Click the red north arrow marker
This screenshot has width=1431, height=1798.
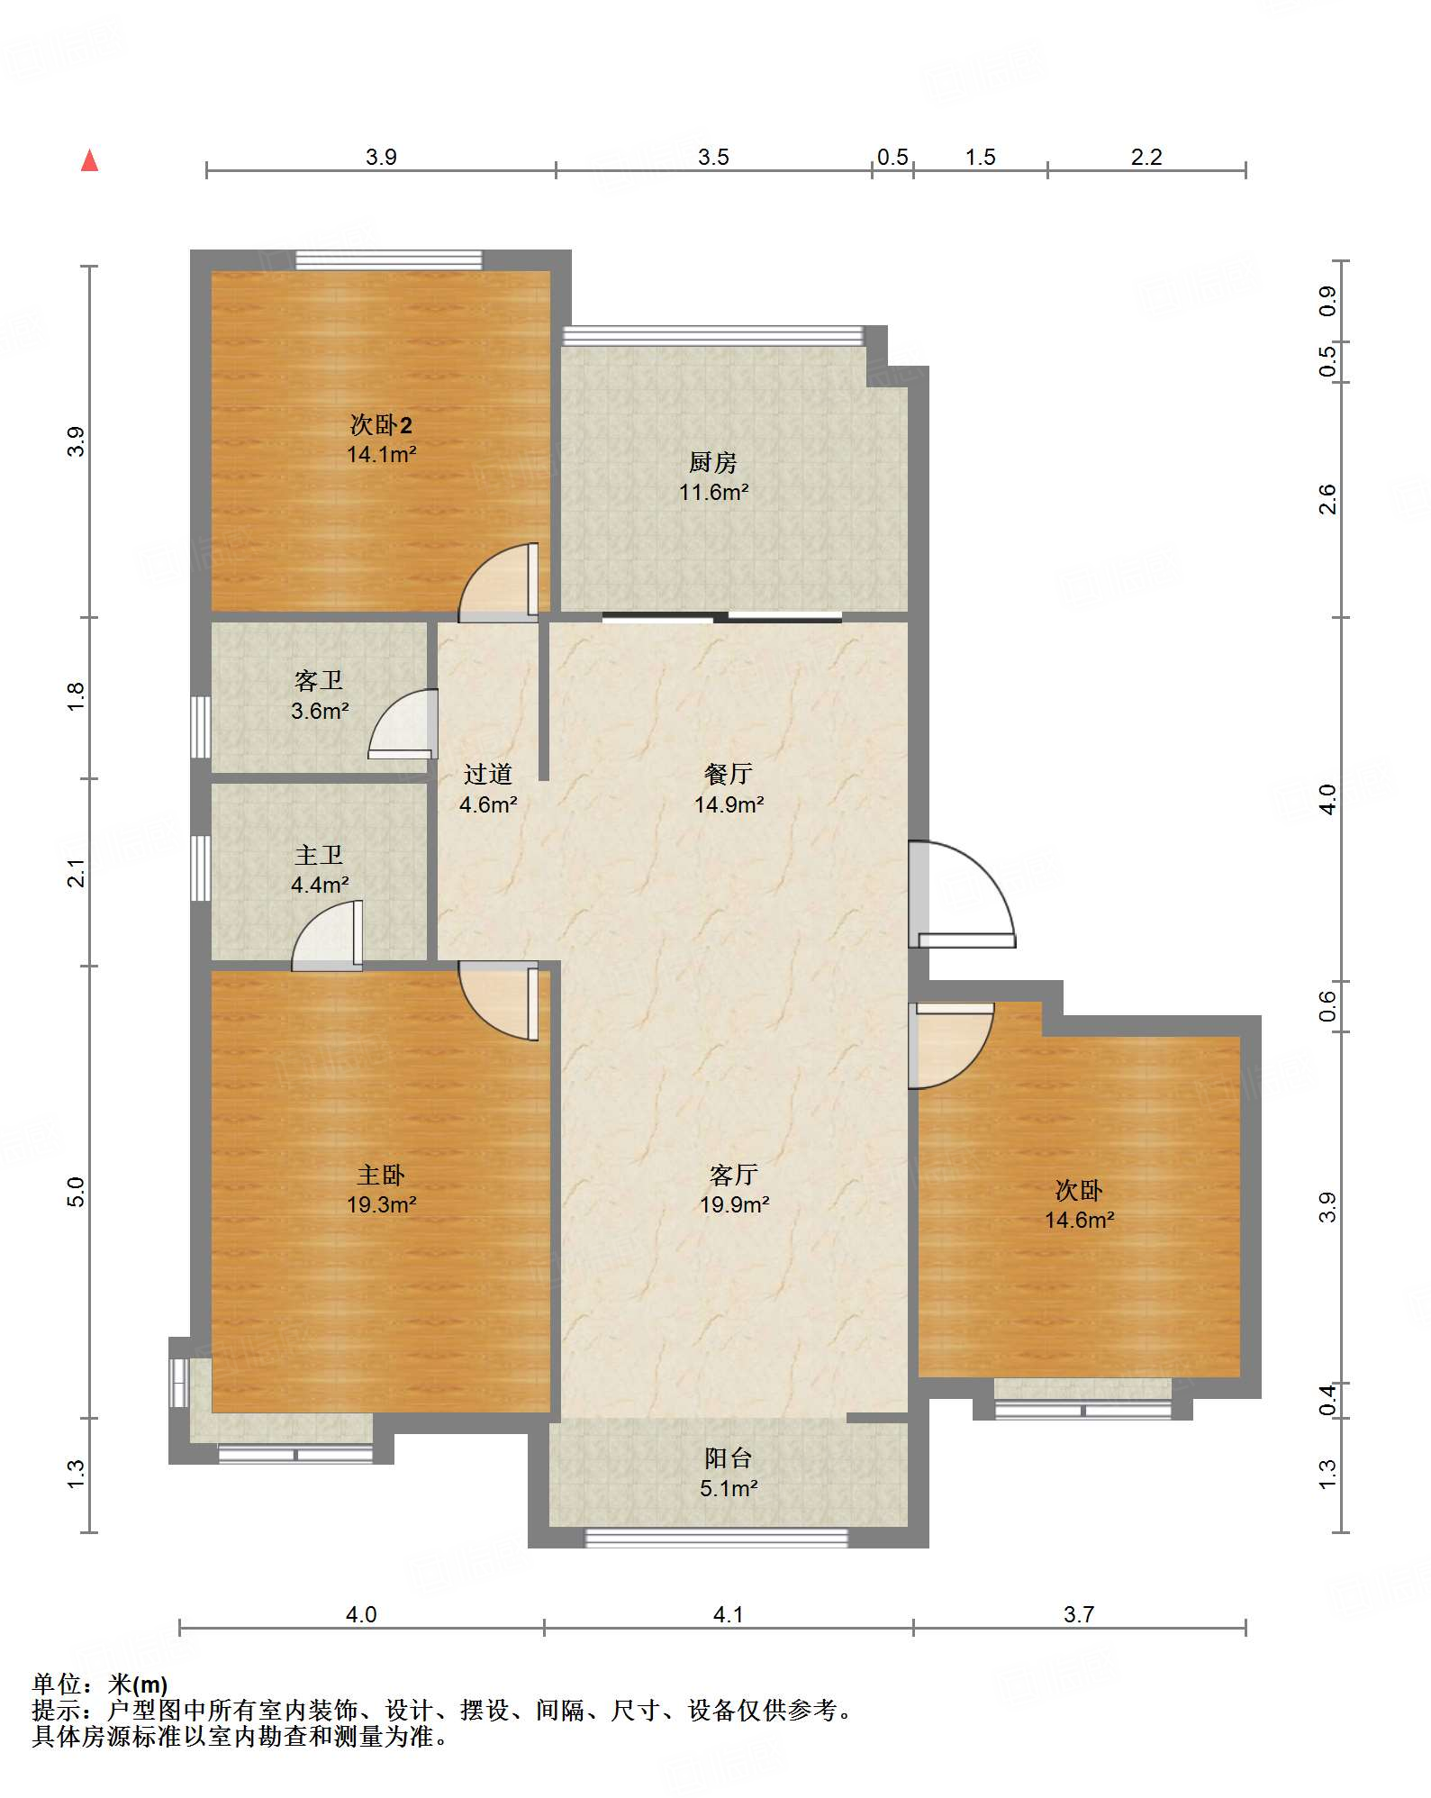pyautogui.click(x=89, y=160)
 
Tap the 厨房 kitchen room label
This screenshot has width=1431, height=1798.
pyautogui.click(x=713, y=462)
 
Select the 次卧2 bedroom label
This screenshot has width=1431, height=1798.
pyautogui.click(x=381, y=424)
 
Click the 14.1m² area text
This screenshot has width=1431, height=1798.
pyautogui.click(x=382, y=454)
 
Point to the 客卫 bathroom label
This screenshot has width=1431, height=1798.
pyautogui.click(x=319, y=680)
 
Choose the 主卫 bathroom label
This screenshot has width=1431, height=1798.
pyautogui.click(x=319, y=854)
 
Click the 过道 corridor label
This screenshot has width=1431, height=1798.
pyautogui.click(x=488, y=774)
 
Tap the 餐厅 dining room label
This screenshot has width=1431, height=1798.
pyautogui.click(x=729, y=774)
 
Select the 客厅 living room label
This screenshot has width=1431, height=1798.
pyautogui.click(x=734, y=1175)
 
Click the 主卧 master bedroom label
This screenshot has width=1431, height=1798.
pyautogui.click(x=381, y=1175)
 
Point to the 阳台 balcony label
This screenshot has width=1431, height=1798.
pyautogui.click(x=729, y=1457)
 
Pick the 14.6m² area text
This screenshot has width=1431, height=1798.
pyautogui.click(x=1080, y=1220)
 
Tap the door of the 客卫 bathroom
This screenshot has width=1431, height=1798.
pyautogui.click(x=403, y=723)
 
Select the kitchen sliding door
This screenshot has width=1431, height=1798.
pyautogui.click(x=722, y=617)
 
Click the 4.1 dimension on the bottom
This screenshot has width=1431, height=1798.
pyautogui.click(x=729, y=1614)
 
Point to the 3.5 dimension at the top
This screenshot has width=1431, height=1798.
pyautogui.click(x=713, y=157)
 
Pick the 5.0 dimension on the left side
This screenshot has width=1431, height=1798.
pyautogui.click(x=76, y=1192)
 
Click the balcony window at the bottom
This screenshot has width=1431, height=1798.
pyautogui.click(x=717, y=1538)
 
